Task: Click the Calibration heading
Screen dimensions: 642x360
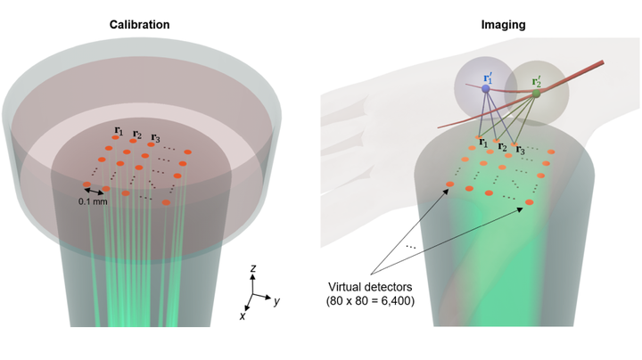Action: click(139, 25)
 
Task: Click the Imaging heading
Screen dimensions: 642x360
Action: click(503, 25)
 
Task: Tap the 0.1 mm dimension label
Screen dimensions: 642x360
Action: click(93, 201)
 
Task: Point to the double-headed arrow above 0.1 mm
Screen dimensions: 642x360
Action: click(94, 191)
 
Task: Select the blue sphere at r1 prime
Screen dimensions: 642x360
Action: click(486, 88)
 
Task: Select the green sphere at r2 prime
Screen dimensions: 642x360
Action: click(536, 94)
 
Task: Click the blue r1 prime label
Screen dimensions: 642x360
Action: click(488, 78)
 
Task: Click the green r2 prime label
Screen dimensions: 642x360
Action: click(537, 82)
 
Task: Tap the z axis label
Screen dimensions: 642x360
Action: click(253, 268)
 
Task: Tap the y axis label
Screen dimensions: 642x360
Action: click(276, 301)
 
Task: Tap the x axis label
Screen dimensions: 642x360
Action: click(243, 315)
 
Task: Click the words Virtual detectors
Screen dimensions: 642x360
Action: click(370, 287)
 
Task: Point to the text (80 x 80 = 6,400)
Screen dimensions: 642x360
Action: click(370, 301)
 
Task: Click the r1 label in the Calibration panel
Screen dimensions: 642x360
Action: click(119, 130)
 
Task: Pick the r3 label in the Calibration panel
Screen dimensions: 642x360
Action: click(155, 138)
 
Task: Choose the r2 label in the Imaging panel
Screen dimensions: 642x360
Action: click(502, 147)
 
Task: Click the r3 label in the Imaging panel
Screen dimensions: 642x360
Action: click(520, 150)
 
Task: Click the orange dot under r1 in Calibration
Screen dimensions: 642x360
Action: click(115, 137)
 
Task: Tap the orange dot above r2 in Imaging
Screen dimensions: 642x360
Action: click(497, 141)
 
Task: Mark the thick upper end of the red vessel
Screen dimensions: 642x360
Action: click(602, 62)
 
